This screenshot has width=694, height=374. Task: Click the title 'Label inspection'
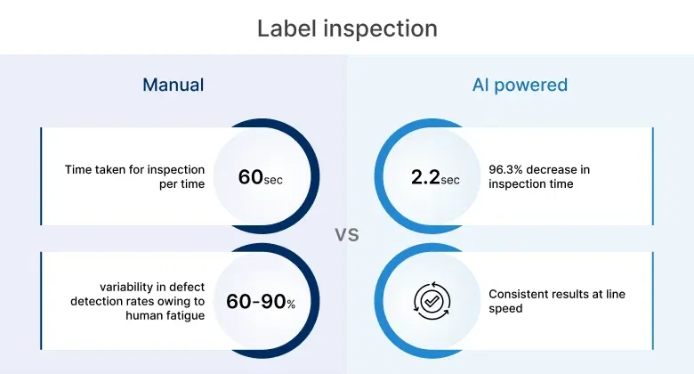(x=347, y=28)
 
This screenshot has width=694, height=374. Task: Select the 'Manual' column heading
(x=173, y=85)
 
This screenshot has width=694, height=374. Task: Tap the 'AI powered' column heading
(x=520, y=85)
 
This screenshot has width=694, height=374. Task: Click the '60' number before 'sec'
(x=250, y=176)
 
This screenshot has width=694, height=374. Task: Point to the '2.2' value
(x=424, y=176)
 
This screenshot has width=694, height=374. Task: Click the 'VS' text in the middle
(x=347, y=235)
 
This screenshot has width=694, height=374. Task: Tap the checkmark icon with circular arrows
(x=432, y=302)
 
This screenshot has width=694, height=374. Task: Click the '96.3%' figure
(x=509, y=169)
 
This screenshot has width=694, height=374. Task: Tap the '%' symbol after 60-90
(x=290, y=305)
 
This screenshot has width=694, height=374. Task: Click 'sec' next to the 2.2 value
(x=450, y=179)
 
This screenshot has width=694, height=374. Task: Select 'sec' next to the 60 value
(x=274, y=179)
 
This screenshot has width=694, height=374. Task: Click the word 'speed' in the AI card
(x=506, y=309)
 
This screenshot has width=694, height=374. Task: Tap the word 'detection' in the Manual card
(x=98, y=302)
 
